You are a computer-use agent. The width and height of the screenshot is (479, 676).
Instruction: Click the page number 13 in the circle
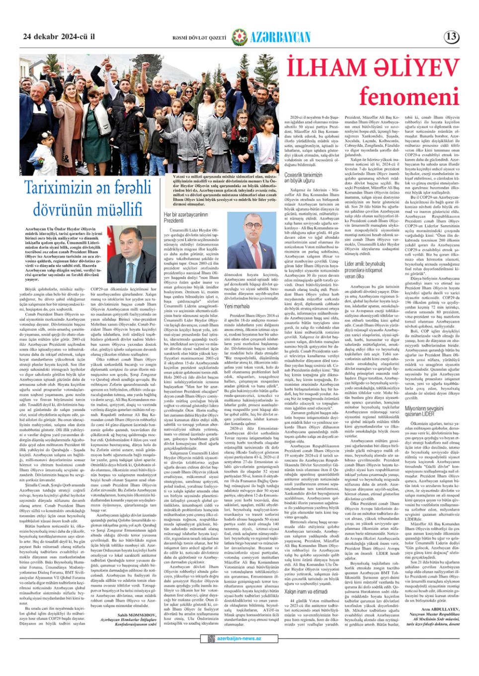coord(452,36)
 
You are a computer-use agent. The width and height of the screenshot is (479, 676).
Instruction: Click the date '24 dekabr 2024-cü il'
coord(59,37)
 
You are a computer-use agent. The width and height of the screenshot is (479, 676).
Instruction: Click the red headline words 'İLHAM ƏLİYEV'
coord(372,68)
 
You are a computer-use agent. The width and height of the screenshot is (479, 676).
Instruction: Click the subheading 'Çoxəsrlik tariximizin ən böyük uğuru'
coord(303,178)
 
